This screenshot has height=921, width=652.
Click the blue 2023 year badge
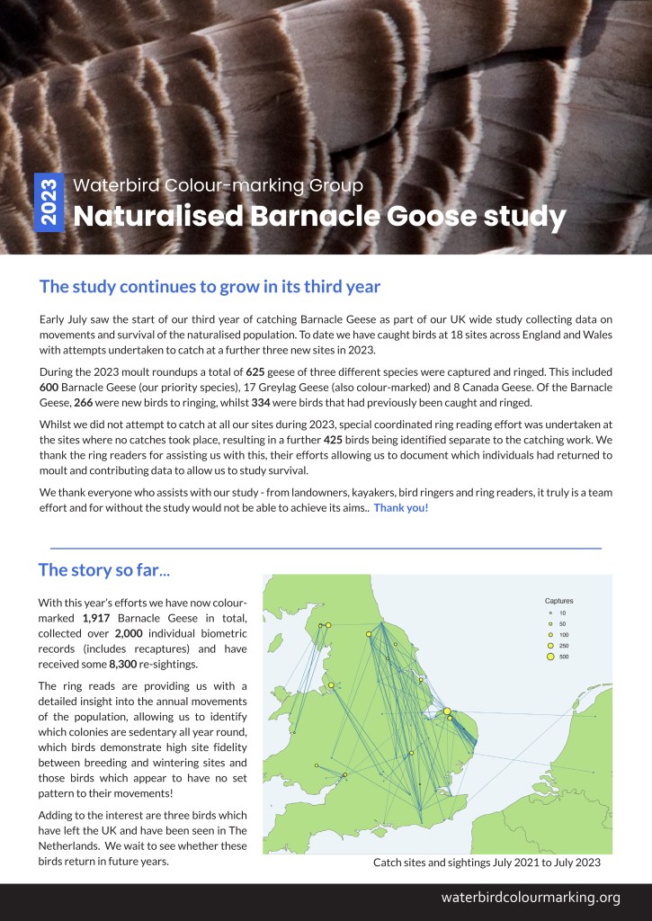pyautogui.click(x=49, y=201)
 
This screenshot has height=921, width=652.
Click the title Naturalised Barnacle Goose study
pyautogui.click(x=319, y=217)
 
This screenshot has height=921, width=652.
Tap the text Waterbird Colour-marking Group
pyautogui.click(x=218, y=186)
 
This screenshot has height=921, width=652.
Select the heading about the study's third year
pyautogui.click(x=210, y=287)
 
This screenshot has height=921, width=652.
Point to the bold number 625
pyautogui.click(x=255, y=371)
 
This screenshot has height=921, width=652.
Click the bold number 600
pyautogui.click(x=51, y=387)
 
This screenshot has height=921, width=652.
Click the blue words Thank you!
pyautogui.click(x=401, y=508)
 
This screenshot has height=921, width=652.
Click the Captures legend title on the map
pyautogui.click(x=558, y=600)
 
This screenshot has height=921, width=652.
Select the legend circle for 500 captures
pyautogui.click(x=549, y=657)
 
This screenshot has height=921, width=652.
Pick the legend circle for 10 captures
pyautogui.click(x=549, y=613)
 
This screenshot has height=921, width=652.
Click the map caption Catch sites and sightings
pyautogui.click(x=487, y=863)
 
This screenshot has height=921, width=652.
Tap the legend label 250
pyautogui.click(x=564, y=646)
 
